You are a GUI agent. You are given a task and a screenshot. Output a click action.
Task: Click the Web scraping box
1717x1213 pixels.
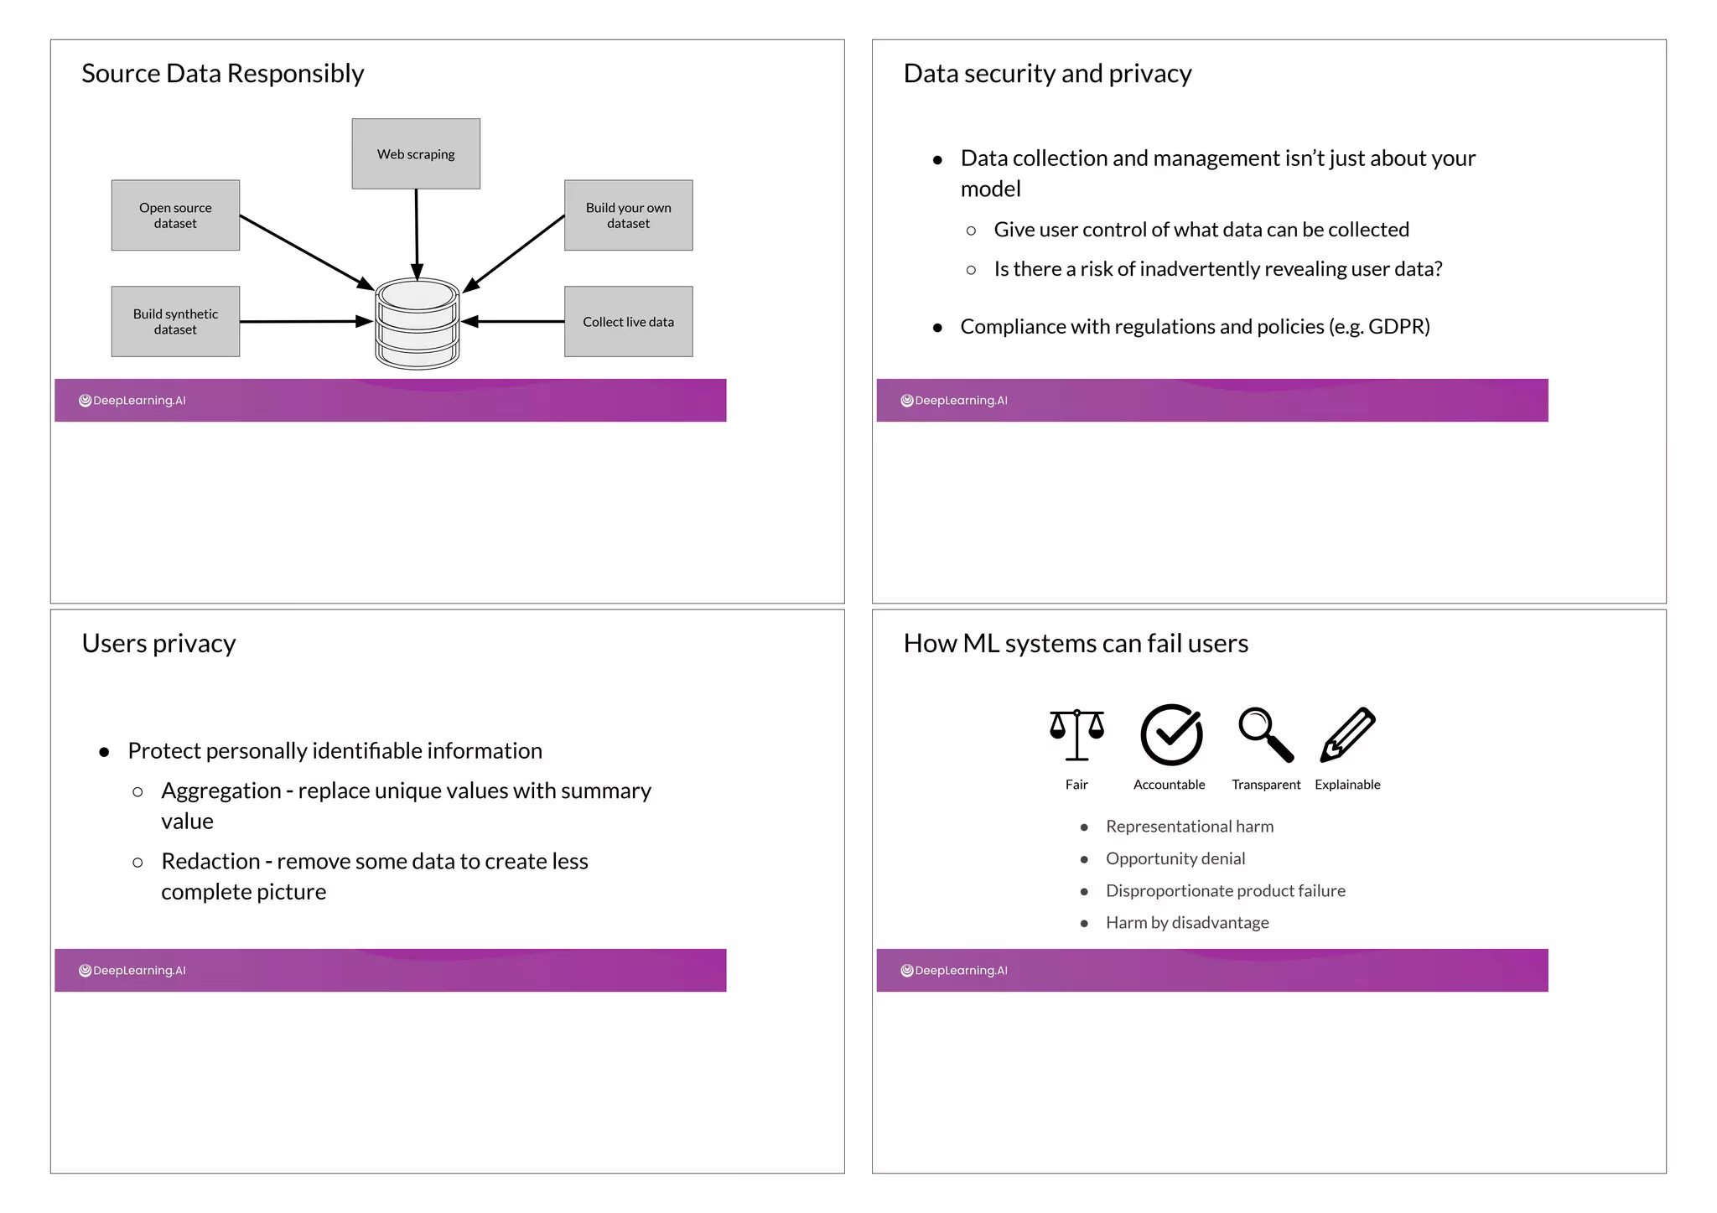coord(416,153)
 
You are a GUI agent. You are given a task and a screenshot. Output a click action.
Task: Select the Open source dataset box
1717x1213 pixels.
coord(175,215)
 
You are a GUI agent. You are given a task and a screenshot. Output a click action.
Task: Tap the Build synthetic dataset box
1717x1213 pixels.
coord(175,322)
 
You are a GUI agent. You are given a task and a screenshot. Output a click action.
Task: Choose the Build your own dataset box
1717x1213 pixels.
coord(628,215)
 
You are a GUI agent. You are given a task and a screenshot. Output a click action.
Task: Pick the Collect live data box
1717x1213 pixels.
coord(628,322)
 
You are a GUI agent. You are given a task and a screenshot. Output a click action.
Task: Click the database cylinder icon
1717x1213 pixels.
coord(417,324)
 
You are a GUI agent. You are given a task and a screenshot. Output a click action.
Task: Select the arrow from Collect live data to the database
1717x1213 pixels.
coord(513,321)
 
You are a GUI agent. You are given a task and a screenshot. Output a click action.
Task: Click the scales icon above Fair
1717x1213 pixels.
coord(1076,734)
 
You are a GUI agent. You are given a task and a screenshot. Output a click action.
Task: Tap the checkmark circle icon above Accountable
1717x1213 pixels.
coord(1171,734)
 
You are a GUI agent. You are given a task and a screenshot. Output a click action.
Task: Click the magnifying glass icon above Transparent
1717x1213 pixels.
coord(1266,734)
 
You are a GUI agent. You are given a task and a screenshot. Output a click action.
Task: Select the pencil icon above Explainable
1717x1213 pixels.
coord(1347,734)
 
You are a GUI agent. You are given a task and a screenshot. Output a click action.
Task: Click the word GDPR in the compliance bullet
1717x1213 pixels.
coord(1396,327)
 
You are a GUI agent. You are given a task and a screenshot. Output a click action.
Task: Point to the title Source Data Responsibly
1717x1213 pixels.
coord(222,74)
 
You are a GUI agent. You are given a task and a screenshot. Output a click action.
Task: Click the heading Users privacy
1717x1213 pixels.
coord(158,644)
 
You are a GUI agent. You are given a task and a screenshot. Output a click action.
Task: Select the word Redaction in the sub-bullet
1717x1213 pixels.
coord(210,862)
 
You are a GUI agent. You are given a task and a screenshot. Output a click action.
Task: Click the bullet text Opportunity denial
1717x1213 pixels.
coord(1175,858)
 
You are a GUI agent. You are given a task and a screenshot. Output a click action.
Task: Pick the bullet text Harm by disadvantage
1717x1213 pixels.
coord(1186,923)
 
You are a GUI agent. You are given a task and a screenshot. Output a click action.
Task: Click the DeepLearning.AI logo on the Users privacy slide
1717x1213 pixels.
coord(132,971)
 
